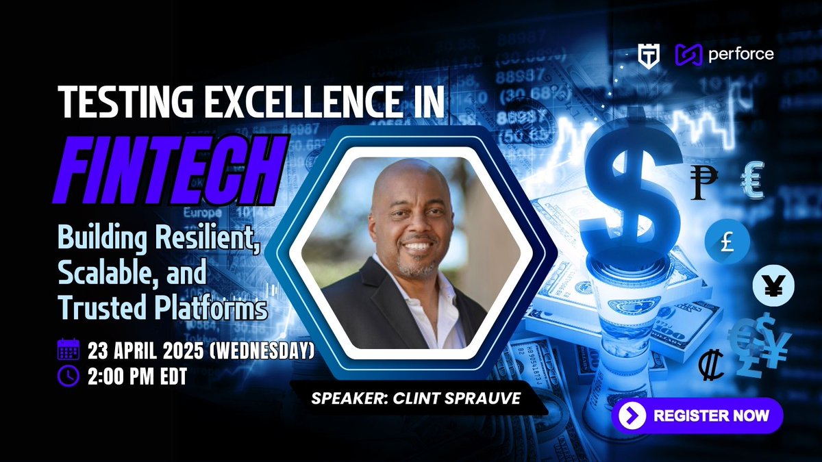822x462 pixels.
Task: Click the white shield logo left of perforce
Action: (647, 54)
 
